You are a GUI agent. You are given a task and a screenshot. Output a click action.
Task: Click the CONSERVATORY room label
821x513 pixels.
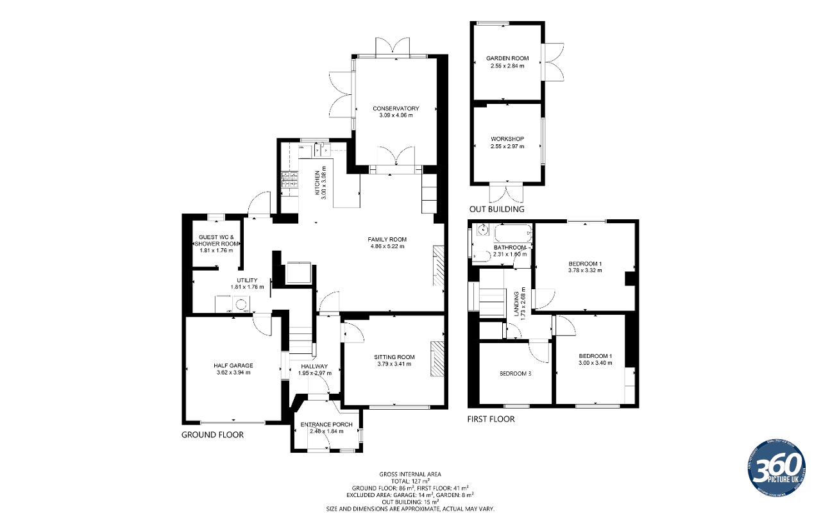(x=396, y=108)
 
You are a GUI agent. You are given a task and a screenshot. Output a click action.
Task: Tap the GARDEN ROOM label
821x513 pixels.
(x=507, y=58)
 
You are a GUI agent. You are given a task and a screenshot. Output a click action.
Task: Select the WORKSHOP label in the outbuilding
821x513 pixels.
(x=507, y=139)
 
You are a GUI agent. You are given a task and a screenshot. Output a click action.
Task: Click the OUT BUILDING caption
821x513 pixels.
(x=496, y=209)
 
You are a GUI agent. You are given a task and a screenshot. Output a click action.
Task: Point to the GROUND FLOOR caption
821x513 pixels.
(x=212, y=435)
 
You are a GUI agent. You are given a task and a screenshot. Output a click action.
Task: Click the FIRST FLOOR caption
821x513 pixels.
(x=491, y=419)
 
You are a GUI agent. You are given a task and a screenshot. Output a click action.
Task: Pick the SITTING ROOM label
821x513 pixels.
(x=394, y=357)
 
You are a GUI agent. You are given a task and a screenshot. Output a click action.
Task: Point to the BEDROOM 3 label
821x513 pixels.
(x=515, y=373)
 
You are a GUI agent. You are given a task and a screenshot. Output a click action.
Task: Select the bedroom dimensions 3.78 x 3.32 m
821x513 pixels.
(x=585, y=271)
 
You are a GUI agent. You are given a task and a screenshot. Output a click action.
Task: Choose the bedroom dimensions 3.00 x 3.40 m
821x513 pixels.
(x=595, y=363)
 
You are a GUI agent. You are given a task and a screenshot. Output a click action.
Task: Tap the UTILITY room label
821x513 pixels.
(x=247, y=280)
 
